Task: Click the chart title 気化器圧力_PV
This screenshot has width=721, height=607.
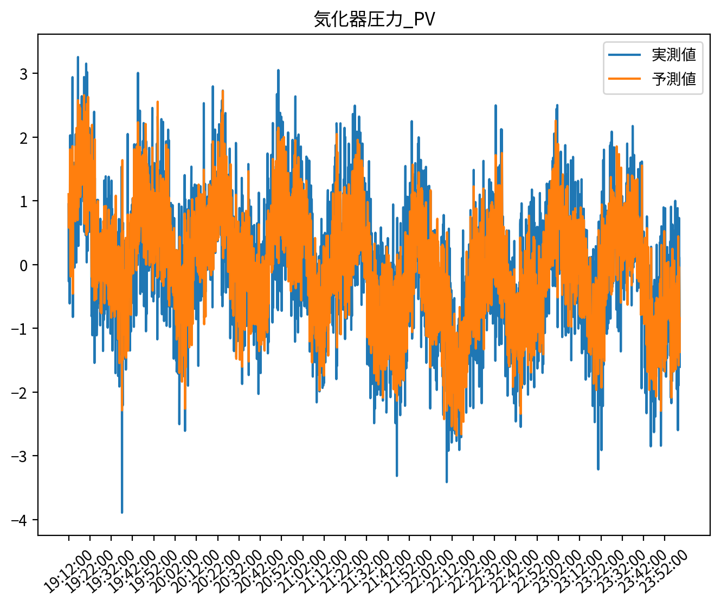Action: pyautogui.click(x=375, y=20)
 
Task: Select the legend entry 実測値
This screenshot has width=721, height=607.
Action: pyautogui.click(x=673, y=55)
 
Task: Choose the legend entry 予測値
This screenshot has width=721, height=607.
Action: pyautogui.click(x=673, y=79)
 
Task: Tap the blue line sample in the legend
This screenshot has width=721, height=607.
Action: pyautogui.click(x=624, y=55)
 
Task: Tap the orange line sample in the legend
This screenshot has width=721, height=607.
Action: pyautogui.click(x=624, y=79)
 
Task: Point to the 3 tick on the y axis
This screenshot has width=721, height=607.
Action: pyautogui.click(x=24, y=74)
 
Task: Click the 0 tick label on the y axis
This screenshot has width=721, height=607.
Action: pyautogui.click(x=24, y=265)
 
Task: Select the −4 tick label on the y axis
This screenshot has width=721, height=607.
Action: pyautogui.click(x=20, y=520)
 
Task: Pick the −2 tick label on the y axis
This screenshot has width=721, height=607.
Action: pyautogui.click(x=20, y=393)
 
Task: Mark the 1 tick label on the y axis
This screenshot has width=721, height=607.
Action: pyautogui.click(x=24, y=201)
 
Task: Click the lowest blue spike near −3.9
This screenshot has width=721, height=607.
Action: pyautogui.click(x=122, y=511)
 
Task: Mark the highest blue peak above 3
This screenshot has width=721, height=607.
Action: pyautogui.click(x=78, y=57)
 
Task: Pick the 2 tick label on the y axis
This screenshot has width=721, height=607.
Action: pyautogui.click(x=24, y=137)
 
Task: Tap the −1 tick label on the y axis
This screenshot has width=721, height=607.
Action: pyautogui.click(x=20, y=329)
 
